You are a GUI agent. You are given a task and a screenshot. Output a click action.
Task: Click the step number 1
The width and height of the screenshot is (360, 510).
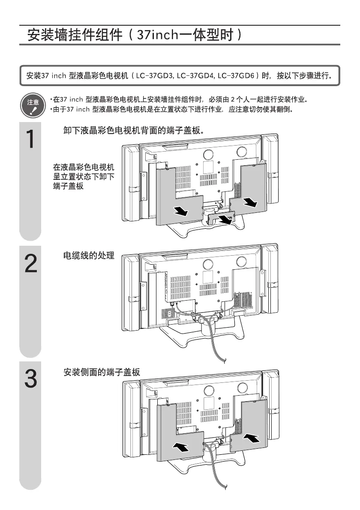pos(30,139)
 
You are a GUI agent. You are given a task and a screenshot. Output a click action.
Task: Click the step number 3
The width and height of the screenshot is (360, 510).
pos(30,379)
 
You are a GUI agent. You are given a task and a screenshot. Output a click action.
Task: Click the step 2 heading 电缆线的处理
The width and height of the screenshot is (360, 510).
pos(89,256)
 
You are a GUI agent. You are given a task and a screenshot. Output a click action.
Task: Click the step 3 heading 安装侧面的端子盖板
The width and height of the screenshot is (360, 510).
pos(102,373)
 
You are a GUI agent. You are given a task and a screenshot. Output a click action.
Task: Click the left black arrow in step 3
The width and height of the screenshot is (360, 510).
pos(181,447)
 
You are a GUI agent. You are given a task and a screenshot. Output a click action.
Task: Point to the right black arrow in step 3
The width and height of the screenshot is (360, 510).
pos(252,438)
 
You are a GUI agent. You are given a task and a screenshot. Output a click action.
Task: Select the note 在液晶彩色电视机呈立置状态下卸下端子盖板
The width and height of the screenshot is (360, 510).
pos(84,177)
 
